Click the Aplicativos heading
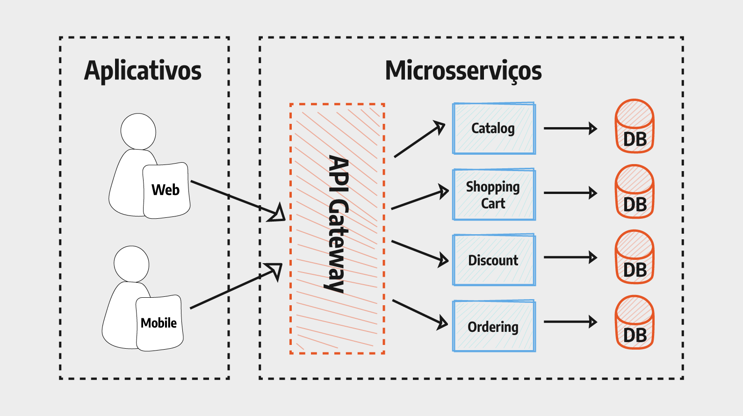coord(143,71)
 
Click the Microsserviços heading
coord(463,71)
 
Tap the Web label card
coord(166,190)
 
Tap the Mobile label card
coord(159,323)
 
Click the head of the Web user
coord(138,131)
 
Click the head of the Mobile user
coord(131,264)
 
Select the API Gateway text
coord(338,224)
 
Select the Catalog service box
coord(494,129)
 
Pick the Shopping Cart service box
coord(494,194)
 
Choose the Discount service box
coord(494,260)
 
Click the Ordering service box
coord(494,326)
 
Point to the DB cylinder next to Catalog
coord(635,127)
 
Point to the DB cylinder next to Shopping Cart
coord(635,192)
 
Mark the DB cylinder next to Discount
coord(635,258)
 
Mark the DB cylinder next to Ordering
coord(635,323)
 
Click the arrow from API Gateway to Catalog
coord(419,140)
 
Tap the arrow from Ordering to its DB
coord(570,322)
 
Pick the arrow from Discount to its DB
coord(570,257)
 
